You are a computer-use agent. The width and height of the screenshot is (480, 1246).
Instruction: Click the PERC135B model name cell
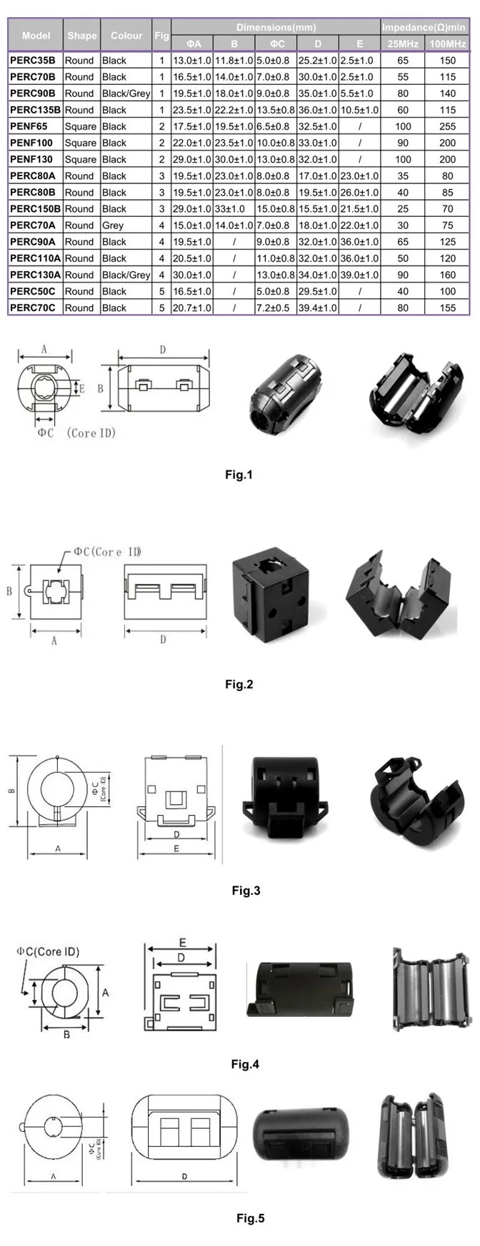(x=35, y=110)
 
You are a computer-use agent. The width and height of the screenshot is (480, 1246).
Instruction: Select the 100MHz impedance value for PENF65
(x=447, y=126)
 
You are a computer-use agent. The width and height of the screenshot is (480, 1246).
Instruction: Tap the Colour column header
(x=126, y=35)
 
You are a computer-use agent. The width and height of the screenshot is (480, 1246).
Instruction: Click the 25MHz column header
(x=403, y=44)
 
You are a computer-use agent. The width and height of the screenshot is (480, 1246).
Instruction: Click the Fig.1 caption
(x=239, y=475)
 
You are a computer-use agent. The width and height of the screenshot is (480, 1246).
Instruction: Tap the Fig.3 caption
(x=246, y=890)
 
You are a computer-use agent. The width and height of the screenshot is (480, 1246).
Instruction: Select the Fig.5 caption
(x=250, y=1217)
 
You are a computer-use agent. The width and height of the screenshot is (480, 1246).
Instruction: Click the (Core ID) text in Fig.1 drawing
(x=91, y=433)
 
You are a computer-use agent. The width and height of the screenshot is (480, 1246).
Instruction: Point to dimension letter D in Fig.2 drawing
(x=163, y=639)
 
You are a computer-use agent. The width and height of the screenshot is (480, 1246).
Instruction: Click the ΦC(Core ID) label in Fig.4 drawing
(x=49, y=951)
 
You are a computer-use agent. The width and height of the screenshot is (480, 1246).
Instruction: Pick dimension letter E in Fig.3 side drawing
(x=176, y=849)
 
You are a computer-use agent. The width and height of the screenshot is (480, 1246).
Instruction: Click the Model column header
(x=36, y=35)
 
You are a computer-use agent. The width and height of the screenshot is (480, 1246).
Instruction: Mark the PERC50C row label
(x=32, y=291)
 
